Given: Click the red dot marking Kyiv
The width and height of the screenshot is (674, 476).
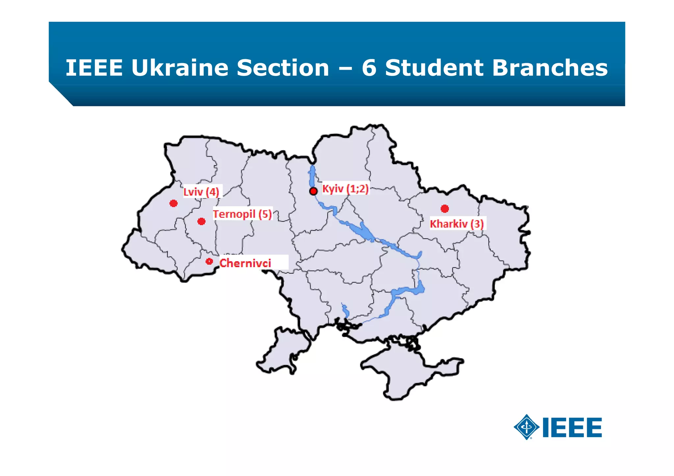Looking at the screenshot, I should click(313, 191).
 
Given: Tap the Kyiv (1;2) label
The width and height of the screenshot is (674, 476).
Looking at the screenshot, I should click(345, 189).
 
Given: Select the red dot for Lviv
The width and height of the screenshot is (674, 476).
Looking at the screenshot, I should click(173, 203).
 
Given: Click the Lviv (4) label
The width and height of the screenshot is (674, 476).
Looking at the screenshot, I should click(201, 192).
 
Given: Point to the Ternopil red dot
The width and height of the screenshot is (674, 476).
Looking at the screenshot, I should click(201, 221).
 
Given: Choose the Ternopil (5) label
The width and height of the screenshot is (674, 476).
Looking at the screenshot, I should click(242, 214).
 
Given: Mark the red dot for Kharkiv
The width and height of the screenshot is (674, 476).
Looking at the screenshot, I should click(445, 209).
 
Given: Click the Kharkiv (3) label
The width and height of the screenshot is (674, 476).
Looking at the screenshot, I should click(457, 224).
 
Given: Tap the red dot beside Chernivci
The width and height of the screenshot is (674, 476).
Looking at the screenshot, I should click(209, 262).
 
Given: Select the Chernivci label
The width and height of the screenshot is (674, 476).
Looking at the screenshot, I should click(246, 263).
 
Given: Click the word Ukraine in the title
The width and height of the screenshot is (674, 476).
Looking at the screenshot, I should click(180, 68).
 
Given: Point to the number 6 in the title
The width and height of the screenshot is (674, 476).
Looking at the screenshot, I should click(369, 68).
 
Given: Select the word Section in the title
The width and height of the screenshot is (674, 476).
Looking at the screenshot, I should click(283, 68).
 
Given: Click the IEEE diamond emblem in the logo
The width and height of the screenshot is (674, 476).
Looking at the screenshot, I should click(526, 427).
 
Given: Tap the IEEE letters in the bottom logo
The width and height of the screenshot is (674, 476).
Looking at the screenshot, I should click(572, 428).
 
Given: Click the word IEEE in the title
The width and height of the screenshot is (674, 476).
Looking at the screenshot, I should click(94, 68).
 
